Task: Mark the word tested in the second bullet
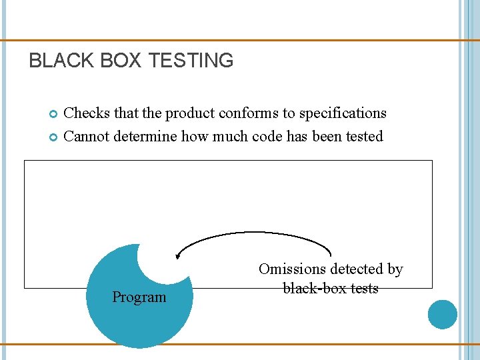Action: point(363,137)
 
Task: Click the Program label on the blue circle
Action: point(139,297)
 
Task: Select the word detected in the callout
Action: point(353,269)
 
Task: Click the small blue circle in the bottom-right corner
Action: point(442,315)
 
